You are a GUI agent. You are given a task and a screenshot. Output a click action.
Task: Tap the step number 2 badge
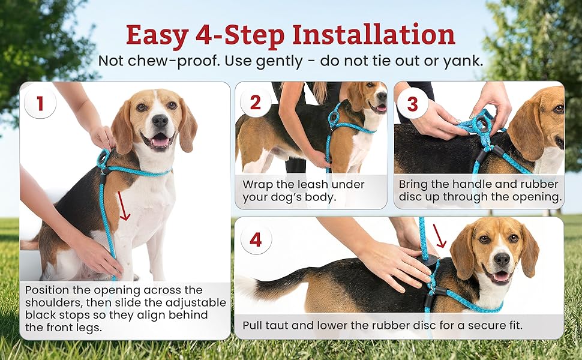(x=256, y=103)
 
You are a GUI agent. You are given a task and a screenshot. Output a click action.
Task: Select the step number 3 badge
(x=412, y=104)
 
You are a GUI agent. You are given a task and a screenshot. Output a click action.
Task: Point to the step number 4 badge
(x=256, y=240)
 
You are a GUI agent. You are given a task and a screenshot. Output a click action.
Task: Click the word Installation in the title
(x=374, y=35)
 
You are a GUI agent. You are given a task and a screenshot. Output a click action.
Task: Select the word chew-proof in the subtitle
(x=171, y=61)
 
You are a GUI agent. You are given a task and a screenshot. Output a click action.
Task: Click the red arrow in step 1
(x=124, y=206)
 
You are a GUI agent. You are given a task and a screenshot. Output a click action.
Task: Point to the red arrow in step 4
(x=440, y=236)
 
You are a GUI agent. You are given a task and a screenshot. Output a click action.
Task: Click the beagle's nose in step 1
(x=160, y=121)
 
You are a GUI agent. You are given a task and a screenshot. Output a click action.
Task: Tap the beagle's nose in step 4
(x=502, y=259)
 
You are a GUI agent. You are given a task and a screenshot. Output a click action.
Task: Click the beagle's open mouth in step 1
(x=160, y=140)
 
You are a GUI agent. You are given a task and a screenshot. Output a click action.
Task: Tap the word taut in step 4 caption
(x=277, y=325)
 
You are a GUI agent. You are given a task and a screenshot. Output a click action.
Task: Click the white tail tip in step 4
(x=247, y=287)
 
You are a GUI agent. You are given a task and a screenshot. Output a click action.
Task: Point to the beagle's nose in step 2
(x=382, y=96)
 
